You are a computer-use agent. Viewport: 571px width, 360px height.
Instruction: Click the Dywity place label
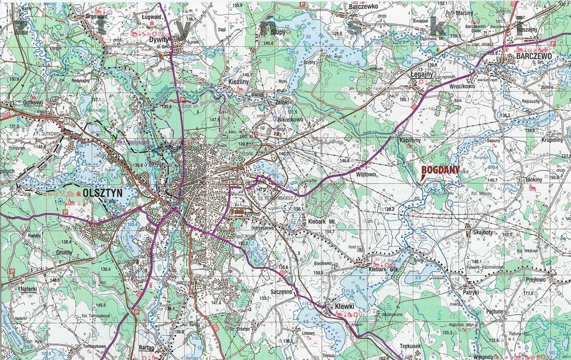pos(159,39)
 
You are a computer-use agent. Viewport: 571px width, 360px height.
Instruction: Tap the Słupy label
pos(277,32)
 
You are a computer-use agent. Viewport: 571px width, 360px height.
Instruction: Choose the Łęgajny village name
pos(422,75)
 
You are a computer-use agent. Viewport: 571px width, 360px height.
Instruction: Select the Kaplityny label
pos(409,141)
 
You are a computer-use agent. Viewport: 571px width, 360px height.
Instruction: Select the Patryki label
pos(471,291)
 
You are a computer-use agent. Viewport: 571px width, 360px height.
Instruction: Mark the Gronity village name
pos(64,252)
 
